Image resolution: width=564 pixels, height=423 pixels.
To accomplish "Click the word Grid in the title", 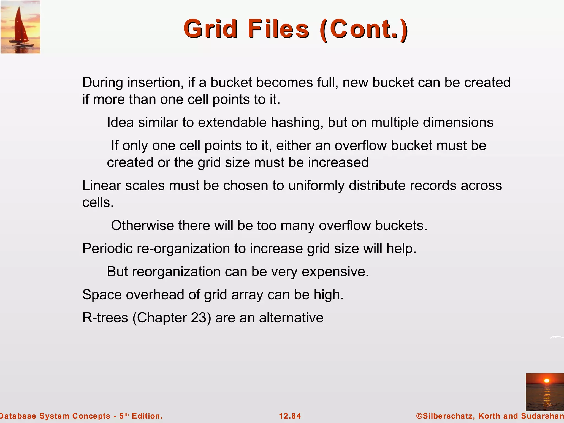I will point(210,29).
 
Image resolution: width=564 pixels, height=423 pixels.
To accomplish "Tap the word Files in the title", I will point(278,29).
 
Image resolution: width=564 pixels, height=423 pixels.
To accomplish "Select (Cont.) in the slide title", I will point(364,29).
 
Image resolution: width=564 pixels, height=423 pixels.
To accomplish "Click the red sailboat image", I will point(20,27).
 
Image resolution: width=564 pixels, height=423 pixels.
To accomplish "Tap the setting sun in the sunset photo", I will point(547,381).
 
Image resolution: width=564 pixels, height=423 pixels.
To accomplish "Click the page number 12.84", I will point(290,416).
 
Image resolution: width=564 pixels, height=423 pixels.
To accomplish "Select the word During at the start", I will point(103,82).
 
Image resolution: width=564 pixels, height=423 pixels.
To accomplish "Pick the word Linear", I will point(102,185).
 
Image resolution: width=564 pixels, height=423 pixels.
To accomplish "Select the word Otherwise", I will point(142,225).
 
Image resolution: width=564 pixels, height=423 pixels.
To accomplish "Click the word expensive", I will point(335,272).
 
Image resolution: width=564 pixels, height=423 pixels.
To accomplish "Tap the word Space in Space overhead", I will point(102,295).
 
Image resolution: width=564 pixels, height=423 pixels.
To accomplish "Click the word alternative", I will point(291,318).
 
